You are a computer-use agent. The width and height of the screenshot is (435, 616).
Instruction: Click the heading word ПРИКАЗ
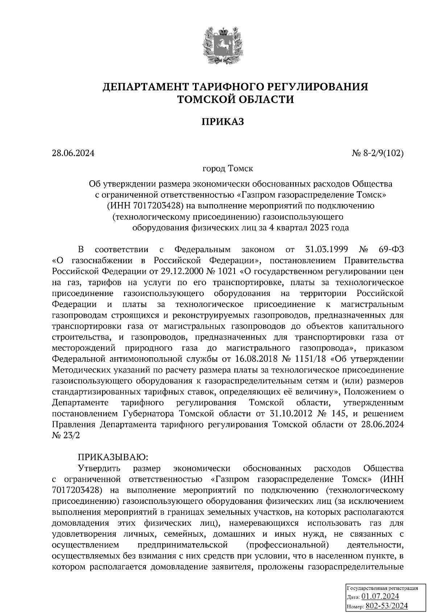point(223,122)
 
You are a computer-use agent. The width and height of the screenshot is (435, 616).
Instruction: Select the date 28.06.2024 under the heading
point(73,153)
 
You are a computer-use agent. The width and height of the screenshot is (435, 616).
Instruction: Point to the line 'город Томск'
point(228,169)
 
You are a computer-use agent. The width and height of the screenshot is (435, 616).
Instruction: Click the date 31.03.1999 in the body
point(324,250)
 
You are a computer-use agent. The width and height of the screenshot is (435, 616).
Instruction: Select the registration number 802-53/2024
point(386,605)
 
